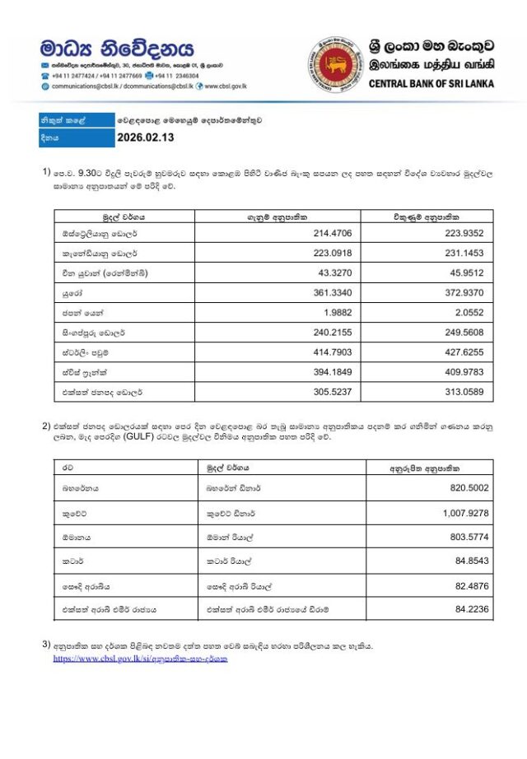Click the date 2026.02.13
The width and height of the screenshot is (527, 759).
[x=146, y=137]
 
